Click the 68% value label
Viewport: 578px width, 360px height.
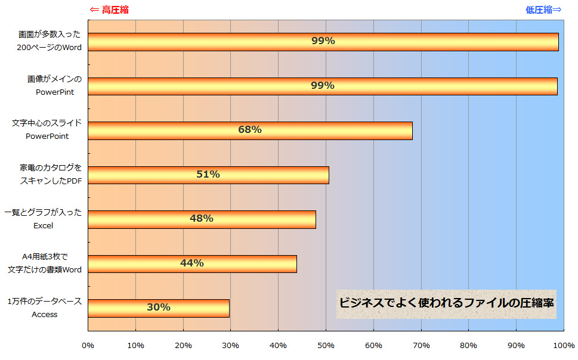coord(250,130)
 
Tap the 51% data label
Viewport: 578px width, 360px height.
coord(208,175)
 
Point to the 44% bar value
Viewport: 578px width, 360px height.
coord(192,263)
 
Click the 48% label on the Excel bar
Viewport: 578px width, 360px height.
coord(202,219)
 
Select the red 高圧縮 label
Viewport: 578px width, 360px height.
coord(109,10)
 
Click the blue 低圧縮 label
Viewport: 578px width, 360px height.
coord(543,10)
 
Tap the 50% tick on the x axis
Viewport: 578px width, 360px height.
coord(326,346)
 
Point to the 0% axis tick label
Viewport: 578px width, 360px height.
coord(88,346)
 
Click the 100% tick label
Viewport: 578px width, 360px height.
coord(564,346)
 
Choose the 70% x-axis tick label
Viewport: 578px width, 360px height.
coord(421,346)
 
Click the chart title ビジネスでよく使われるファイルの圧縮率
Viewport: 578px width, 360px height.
coord(447,303)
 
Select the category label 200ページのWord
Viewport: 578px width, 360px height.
coord(50,47)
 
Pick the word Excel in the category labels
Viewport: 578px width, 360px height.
coord(44,225)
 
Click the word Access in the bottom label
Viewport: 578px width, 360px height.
coord(45,314)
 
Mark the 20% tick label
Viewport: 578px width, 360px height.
coord(183,346)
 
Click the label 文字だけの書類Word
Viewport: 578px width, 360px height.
coord(45,269)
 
